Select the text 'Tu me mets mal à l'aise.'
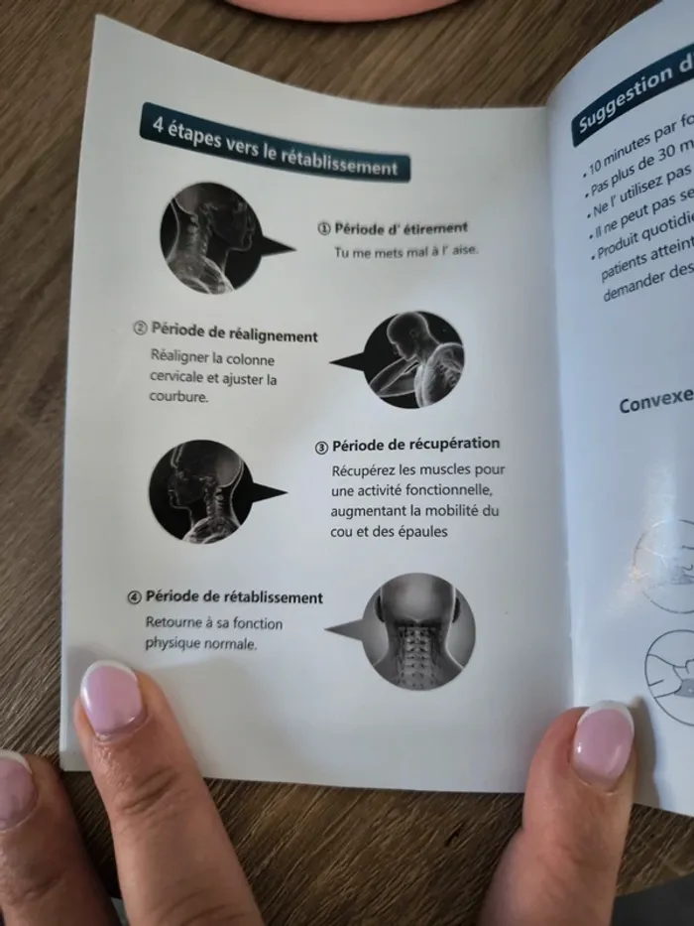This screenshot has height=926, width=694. [x=405, y=251]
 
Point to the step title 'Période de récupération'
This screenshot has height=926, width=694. [x=415, y=444]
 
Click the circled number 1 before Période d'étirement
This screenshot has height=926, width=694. [x=323, y=227]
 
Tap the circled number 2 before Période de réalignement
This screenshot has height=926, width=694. [x=140, y=329]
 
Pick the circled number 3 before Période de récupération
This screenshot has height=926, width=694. [x=322, y=446]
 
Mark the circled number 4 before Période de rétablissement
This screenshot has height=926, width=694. [x=135, y=597]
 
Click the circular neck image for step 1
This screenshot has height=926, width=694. [x=209, y=237]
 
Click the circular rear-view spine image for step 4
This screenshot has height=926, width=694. [x=417, y=630]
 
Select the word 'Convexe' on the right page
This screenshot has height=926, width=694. [x=655, y=399]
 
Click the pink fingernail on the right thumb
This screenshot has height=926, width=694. [x=603, y=739]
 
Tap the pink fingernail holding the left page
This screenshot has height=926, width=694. [x=111, y=698]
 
